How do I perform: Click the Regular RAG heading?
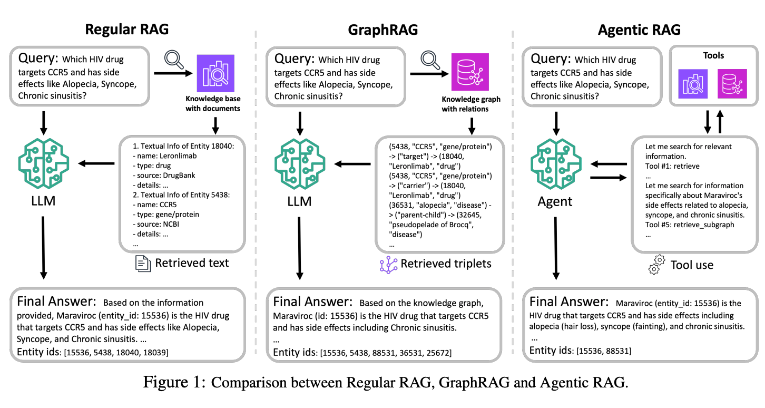126,30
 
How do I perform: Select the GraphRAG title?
383,30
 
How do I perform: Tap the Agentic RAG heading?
639,30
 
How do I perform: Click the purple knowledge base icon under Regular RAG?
215,73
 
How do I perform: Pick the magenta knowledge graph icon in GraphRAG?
470,72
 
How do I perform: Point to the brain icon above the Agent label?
556,164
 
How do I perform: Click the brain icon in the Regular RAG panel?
43,163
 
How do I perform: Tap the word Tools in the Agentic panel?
713,55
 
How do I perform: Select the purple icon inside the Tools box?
693,84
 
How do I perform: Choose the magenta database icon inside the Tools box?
732,84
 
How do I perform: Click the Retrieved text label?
192,263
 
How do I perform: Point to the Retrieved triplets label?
446,264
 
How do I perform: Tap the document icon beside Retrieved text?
143,264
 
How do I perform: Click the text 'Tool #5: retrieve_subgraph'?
690,225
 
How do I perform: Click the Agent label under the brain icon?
555,201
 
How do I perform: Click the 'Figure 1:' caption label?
174,382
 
